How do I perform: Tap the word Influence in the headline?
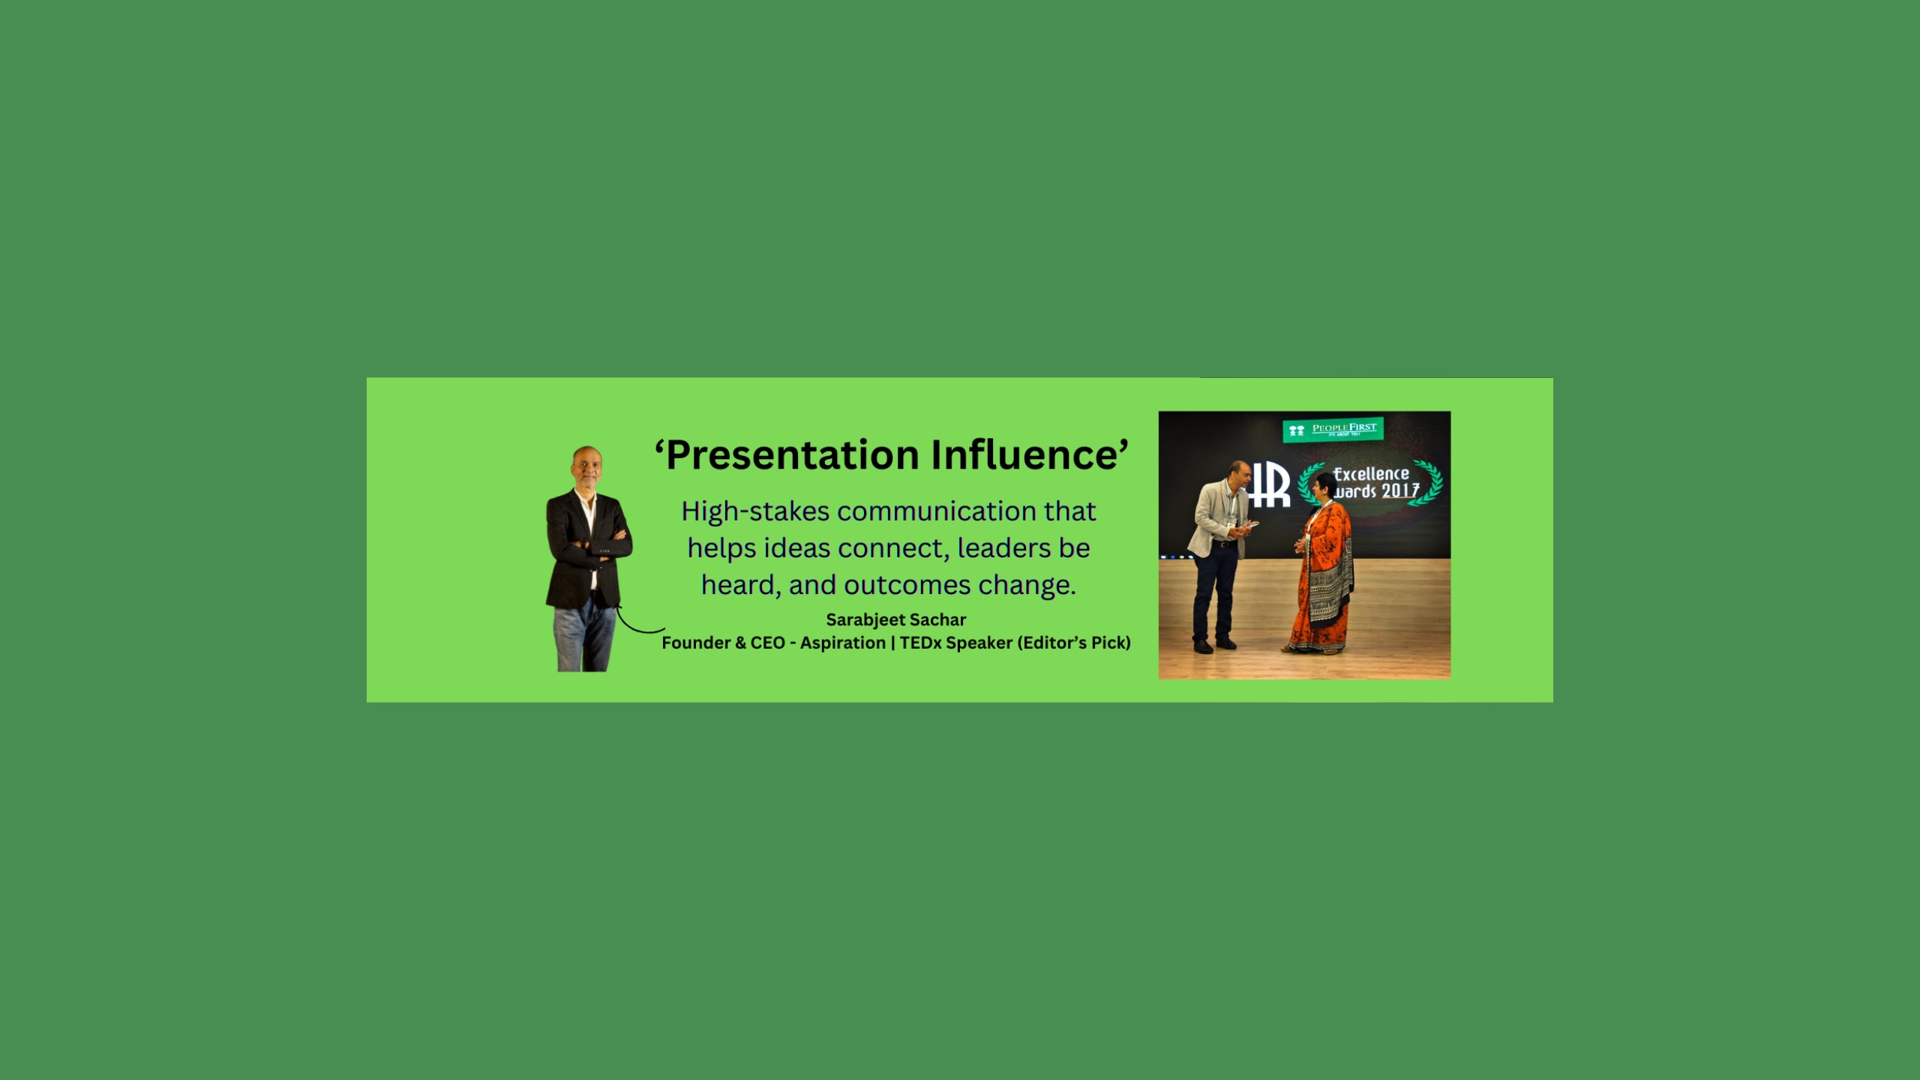1024,454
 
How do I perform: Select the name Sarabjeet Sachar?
895,619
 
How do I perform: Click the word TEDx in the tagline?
920,643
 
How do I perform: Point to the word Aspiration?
843,643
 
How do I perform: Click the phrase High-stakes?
755,511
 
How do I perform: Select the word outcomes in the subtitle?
907,585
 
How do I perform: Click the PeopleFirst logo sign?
1333,430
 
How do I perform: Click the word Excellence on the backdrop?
1371,474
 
